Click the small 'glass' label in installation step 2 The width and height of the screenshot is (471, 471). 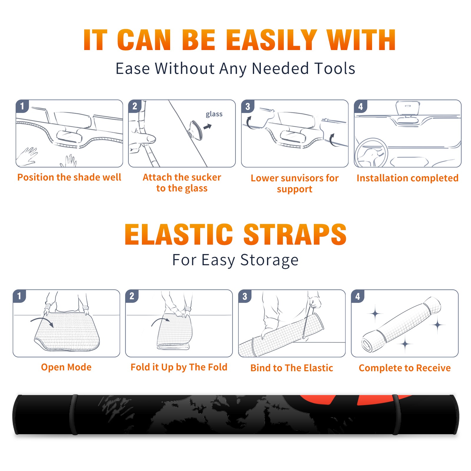click(214, 114)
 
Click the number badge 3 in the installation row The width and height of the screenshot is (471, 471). click(248, 106)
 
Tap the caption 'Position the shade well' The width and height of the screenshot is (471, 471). click(69, 177)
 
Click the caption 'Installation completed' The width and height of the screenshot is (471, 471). click(407, 178)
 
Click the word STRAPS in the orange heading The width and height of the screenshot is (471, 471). click(295, 234)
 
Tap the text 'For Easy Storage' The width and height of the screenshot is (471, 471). click(235, 260)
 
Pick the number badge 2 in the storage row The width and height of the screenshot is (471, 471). click(132, 296)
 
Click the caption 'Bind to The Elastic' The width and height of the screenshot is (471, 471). click(291, 368)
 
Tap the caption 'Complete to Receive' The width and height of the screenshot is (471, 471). click(404, 368)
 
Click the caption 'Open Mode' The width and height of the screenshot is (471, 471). click(66, 367)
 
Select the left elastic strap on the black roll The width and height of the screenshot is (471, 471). click(74, 414)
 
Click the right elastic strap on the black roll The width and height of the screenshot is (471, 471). click(396, 414)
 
